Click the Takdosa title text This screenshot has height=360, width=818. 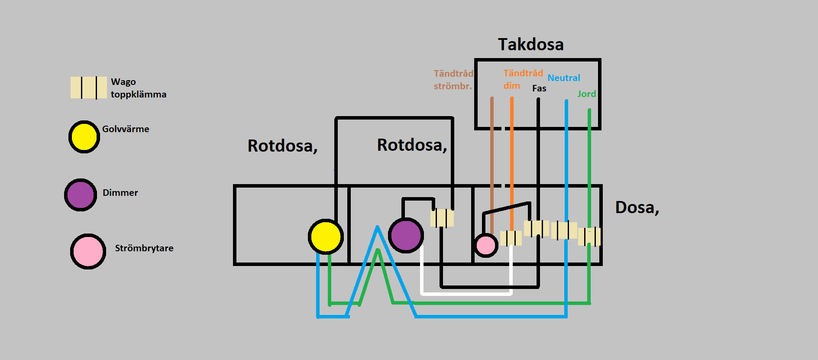click(x=530, y=45)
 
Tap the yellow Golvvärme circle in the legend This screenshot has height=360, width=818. click(x=84, y=137)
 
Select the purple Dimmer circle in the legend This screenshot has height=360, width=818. click(x=81, y=195)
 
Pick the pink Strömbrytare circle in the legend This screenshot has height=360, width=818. click(x=88, y=251)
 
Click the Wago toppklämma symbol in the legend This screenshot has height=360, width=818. click(x=89, y=88)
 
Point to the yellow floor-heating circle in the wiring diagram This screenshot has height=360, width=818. click(x=326, y=237)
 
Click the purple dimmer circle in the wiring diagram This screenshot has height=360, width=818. click(x=406, y=235)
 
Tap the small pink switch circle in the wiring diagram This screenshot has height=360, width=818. click(x=485, y=245)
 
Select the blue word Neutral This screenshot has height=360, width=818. click(x=563, y=78)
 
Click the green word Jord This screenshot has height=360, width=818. click(x=586, y=94)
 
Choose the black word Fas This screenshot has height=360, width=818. click(x=539, y=88)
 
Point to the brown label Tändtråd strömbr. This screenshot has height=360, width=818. click(x=453, y=80)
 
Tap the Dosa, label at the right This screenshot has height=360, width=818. click(x=637, y=208)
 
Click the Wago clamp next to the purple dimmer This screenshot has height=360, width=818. click(x=442, y=218)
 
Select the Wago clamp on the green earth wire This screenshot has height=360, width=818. click(x=589, y=237)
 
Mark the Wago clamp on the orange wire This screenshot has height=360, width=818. click(x=511, y=238)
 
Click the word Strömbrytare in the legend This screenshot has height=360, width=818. click(x=144, y=248)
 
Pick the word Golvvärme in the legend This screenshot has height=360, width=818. click(x=126, y=129)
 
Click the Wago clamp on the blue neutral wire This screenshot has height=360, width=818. click(x=564, y=230)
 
